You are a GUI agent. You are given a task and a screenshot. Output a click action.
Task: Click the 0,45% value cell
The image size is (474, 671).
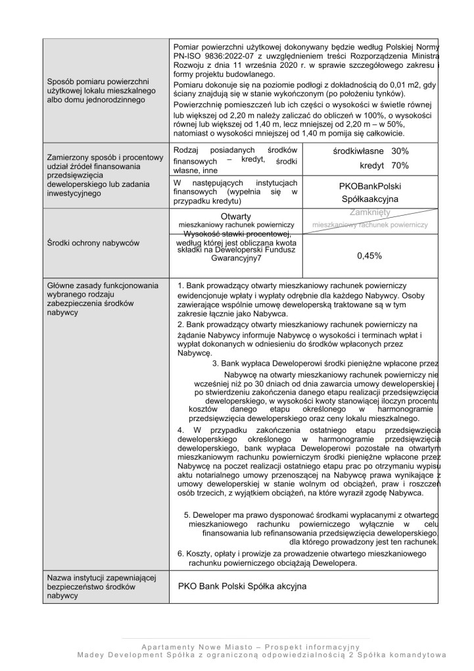(369, 257)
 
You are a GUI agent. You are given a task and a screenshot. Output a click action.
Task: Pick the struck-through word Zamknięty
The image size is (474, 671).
(371, 213)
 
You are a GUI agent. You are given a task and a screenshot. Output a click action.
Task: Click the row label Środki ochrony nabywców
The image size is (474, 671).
(93, 243)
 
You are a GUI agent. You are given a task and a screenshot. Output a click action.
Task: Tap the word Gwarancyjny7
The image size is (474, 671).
(235, 259)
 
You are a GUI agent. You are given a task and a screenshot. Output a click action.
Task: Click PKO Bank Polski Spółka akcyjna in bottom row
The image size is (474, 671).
(242, 585)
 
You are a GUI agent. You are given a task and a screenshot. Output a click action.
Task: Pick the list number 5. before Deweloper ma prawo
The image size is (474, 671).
(187, 514)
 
